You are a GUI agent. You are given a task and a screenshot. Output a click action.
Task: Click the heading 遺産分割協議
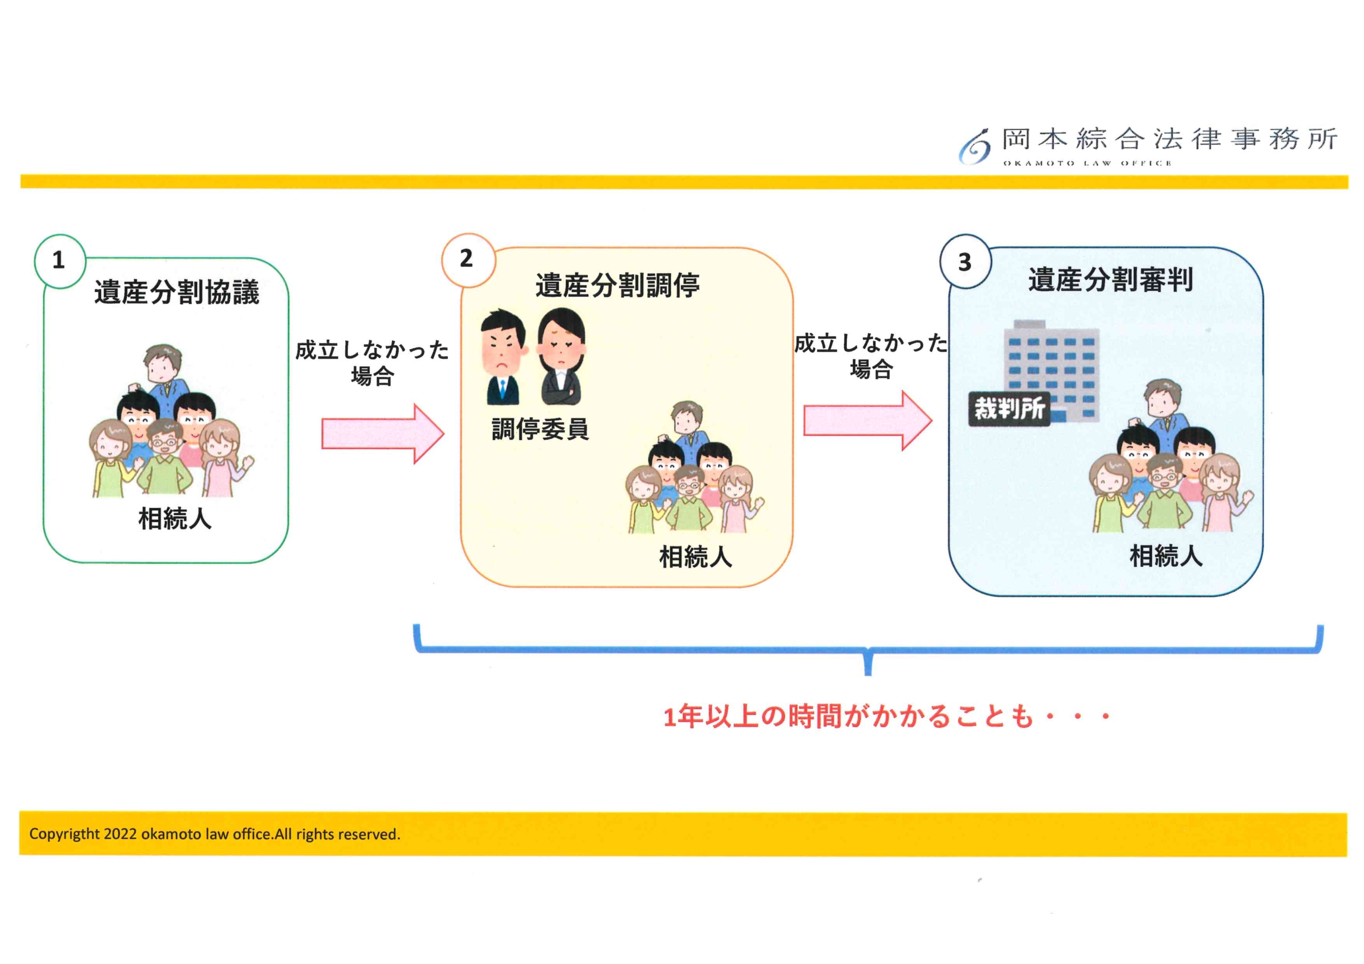pos(176,293)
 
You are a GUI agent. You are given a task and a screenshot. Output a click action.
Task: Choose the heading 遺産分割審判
pos(1110,280)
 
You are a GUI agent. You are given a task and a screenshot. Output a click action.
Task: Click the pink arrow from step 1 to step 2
pos(383,434)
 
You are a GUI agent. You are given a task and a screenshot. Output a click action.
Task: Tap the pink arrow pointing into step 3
pos(867,421)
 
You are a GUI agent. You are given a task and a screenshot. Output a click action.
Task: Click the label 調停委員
pos(540,429)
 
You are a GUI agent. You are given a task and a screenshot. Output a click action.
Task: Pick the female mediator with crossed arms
pos(562,357)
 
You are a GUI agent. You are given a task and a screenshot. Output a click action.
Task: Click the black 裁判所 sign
pos(1009,409)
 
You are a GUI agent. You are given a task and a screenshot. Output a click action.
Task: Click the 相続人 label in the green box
pos(175,519)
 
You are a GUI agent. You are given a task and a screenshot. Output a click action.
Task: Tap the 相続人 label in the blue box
pos(1166,556)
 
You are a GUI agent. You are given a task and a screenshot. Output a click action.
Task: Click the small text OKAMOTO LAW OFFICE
pos(1087,164)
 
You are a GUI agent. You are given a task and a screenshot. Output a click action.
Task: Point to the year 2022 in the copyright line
pos(120,834)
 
